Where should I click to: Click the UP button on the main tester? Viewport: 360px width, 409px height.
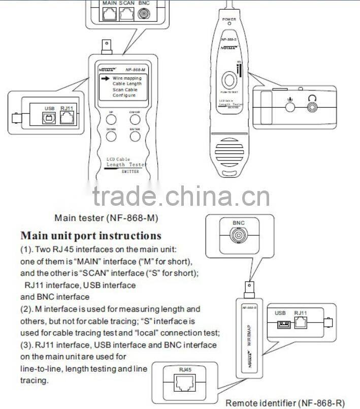tap(110, 119)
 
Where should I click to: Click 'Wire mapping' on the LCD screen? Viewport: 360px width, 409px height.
tap(127, 78)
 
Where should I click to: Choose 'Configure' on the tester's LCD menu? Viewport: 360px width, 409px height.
tap(124, 95)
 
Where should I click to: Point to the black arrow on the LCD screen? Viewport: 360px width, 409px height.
tap(105, 78)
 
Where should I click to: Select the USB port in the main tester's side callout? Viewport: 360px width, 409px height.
tap(49, 118)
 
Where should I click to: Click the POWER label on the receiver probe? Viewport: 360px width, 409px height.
tap(229, 19)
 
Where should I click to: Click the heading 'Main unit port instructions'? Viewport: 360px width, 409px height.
tap(90, 236)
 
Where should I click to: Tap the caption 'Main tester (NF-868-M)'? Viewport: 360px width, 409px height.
tap(106, 218)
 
